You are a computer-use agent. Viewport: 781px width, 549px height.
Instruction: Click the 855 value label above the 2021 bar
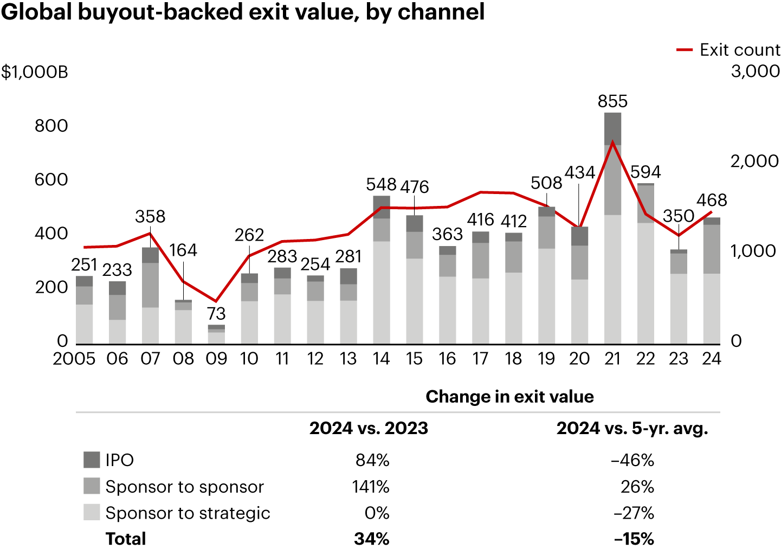pyautogui.click(x=612, y=101)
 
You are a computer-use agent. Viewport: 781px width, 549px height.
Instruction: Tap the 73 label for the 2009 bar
pyautogui.click(x=216, y=313)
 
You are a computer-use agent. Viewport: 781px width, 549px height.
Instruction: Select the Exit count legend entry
pyautogui.click(x=728, y=50)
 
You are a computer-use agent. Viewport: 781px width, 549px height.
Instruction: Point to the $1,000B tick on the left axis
pyautogui.click(x=35, y=72)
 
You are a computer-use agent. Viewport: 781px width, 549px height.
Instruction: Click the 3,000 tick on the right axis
pyautogui.click(x=755, y=71)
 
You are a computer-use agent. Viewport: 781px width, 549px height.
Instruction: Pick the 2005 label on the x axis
pyautogui.click(x=74, y=358)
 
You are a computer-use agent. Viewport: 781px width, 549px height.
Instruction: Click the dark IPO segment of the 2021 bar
pyautogui.click(x=612, y=128)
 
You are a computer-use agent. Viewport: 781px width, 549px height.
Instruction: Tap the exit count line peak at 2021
pyautogui.click(x=612, y=143)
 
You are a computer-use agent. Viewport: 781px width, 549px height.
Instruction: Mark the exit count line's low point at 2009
pyautogui.click(x=216, y=301)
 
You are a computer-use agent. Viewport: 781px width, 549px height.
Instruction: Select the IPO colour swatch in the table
pyautogui.click(x=92, y=460)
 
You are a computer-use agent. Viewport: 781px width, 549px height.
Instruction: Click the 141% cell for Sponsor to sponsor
pyautogui.click(x=371, y=486)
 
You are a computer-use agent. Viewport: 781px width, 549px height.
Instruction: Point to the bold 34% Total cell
pyautogui.click(x=372, y=539)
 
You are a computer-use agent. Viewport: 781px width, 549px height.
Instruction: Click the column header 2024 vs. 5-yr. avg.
pyautogui.click(x=632, y=428)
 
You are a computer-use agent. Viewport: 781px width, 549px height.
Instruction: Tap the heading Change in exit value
pyautogui.click(x=509, y=397)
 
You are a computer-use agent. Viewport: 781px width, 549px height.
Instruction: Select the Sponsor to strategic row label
pyautogui.click(x=188, y=513)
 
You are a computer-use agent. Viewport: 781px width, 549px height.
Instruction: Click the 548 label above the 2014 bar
pyautogui.click(x=382, y=184)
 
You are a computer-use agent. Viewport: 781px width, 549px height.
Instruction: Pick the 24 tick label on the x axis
pyautogui.click(x=712, y=358)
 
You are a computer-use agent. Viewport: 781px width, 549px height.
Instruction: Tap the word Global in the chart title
pyautogui.click(x=36, y=12)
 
